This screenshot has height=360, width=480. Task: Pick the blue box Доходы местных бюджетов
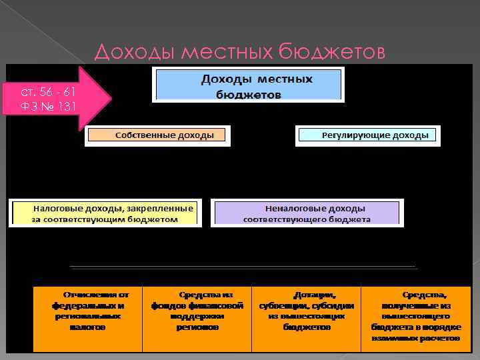point(249,85)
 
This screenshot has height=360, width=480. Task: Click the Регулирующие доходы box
point(367,135)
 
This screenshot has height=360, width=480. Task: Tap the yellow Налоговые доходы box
point(105,213)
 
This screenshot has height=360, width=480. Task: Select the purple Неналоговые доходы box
point(307,213)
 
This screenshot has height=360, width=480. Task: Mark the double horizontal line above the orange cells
point(243,267)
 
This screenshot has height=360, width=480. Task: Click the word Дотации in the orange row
point(314,294)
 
